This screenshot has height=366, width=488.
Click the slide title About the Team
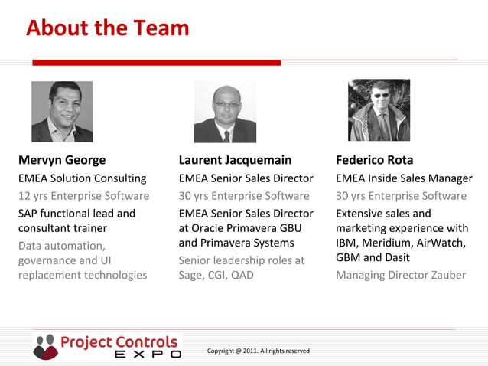pyautogui.click(x=107, y=28)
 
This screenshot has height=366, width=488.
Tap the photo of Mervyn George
pyautogui.click(x=62, y=112)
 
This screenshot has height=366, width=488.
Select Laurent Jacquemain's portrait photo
pyautogui.click(x=225, y=112)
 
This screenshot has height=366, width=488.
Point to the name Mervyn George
pyautogui.click(x=62, y=160)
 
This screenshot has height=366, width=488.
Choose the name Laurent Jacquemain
pyautogui.click(x=235, y=160)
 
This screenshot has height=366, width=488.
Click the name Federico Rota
pyautogui.click(x=374, y=160)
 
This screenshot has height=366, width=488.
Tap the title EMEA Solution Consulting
pyautogui.click(x=82, y=178)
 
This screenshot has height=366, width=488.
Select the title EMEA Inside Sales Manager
pyautogui.click(x=404, y=178)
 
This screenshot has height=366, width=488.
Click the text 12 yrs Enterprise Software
pyautogui.click(x=83, y=196)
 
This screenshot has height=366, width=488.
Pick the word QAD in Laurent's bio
pyautogui.click(x=242, y=275)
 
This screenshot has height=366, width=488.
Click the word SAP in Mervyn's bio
pyautogui.click(x=29, y=214)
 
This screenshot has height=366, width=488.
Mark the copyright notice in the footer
pyautogui.click(x=258, y=351)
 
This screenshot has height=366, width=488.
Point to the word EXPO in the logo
pyautogui.click(x=148, y=355)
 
